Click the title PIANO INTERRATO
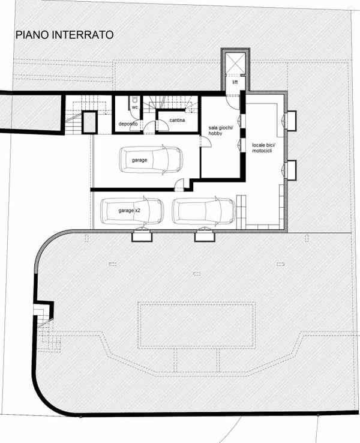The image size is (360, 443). click(65, 35)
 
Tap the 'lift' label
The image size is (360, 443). click(235, 82)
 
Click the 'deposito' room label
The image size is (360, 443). click(128, 124)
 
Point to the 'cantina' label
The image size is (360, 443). click(177, 121)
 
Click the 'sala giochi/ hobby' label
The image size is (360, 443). click(219, 131)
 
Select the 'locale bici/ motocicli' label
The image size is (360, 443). click(262, 148)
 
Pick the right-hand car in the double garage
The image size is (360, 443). click(204, 211)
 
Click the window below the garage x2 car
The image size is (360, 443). click(142, 236)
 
